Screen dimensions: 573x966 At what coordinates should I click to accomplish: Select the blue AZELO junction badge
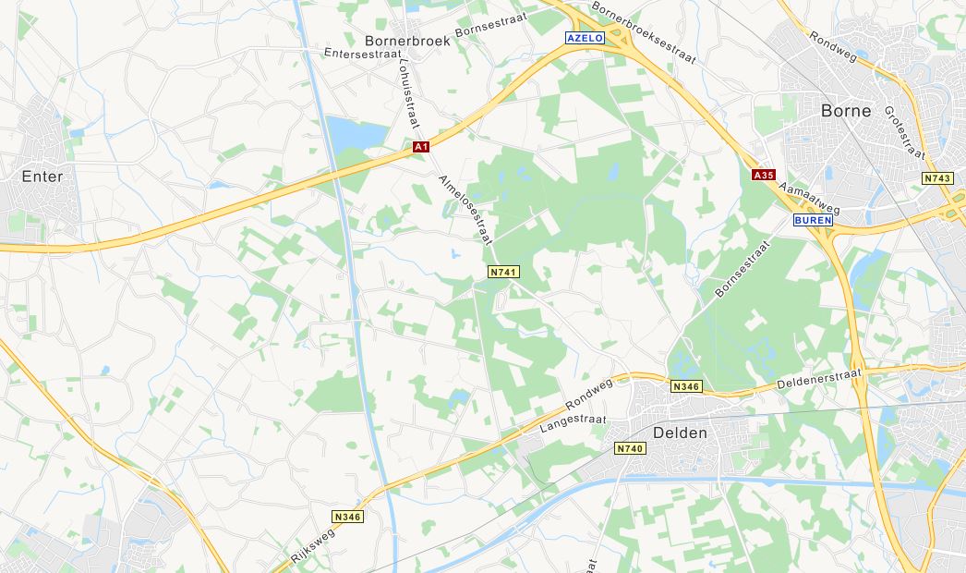pos(584,38)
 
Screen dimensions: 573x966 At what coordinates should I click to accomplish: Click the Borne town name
pos(846,111)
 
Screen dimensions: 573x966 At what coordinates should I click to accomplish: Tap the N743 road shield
pos(936,177)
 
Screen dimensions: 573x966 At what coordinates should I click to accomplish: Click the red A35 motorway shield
pos(763,175)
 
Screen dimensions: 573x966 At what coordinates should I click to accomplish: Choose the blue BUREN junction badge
pos(813,221)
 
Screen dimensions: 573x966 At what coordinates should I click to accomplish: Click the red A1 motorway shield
pos(421,146)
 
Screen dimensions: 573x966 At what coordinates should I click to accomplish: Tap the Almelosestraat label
pos(465,209)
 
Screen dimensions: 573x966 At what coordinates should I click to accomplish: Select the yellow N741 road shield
pos(503,272)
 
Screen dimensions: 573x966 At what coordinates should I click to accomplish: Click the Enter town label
pos(42,177)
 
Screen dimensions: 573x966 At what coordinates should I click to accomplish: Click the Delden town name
pos(680,433)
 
